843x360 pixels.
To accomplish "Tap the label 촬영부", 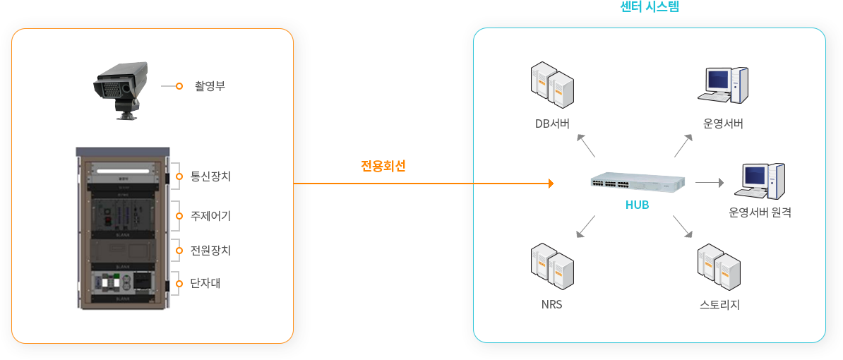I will click(x=210, y=86).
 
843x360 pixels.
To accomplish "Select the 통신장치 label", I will click(x=210, y=176).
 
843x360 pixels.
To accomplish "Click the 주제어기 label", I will click(x=210, y=215).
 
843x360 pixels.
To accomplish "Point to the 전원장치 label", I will click(x=210, y=250).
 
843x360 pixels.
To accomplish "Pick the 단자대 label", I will click(x=205, y=284).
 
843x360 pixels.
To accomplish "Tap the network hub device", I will click(x=638, y=184).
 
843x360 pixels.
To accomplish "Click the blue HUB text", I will click(x=637, y=205).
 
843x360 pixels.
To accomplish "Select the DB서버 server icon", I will click(x=552, y=85).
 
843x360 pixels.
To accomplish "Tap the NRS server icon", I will click(x=552, y=266).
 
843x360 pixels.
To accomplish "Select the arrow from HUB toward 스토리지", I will click(x=683, y=226).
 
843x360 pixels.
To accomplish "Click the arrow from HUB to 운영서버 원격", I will click(x=710, y=183).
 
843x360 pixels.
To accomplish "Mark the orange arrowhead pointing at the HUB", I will click(x=549, y=184).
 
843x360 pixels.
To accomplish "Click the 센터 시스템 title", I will click(x=649, y=7).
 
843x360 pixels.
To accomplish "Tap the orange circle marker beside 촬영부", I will click(x=179, y=86).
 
